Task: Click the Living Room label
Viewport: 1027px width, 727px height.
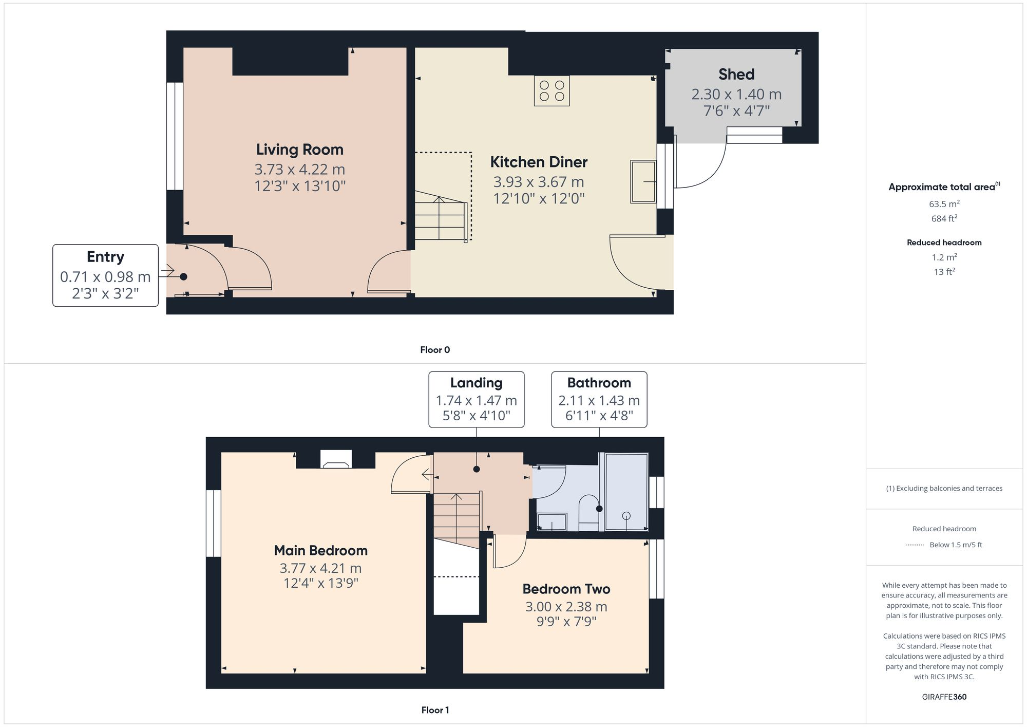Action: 299,150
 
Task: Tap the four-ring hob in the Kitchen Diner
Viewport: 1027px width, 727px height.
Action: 551,91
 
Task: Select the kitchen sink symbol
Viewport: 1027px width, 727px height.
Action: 643,182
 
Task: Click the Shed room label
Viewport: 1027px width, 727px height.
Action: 736,74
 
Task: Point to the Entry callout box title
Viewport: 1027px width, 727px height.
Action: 105,257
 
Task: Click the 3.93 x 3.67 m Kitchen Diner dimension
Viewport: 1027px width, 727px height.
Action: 538,182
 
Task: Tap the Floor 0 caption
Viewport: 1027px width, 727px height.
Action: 434,350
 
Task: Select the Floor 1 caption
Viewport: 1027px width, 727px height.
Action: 434,710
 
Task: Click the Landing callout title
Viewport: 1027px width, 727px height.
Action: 476,383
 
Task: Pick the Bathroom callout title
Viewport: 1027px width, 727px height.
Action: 599,383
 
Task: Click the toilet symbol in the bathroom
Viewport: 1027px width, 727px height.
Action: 588,512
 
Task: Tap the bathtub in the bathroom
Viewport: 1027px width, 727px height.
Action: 626,492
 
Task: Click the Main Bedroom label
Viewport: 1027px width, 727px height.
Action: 320,550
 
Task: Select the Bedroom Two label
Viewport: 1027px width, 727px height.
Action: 566,589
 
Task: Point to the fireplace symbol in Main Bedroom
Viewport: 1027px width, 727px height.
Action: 336,460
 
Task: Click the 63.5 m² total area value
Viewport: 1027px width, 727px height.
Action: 944,204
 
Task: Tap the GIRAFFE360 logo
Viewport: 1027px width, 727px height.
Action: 944,697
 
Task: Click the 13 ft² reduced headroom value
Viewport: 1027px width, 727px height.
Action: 944,272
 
